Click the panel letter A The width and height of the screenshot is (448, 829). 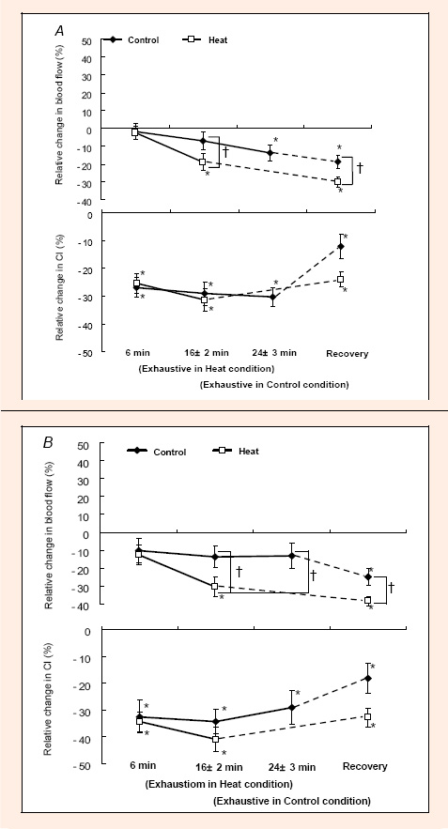60,31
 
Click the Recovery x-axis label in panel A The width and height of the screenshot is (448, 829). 347,353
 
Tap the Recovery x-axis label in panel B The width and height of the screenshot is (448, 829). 365,766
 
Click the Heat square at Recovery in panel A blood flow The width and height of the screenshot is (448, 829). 337,181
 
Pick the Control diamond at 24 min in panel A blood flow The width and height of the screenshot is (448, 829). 270,153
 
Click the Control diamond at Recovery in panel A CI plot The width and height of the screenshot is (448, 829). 341,246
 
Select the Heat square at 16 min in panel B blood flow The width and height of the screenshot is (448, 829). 215,586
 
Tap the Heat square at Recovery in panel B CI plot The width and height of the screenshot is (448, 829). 367,716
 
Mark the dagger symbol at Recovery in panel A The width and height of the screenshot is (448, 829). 361,168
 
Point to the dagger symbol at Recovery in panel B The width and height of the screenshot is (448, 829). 392,587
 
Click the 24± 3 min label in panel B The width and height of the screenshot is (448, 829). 289,767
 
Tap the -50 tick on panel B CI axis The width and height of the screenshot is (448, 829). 87,763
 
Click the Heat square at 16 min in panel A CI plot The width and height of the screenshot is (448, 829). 204,299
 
